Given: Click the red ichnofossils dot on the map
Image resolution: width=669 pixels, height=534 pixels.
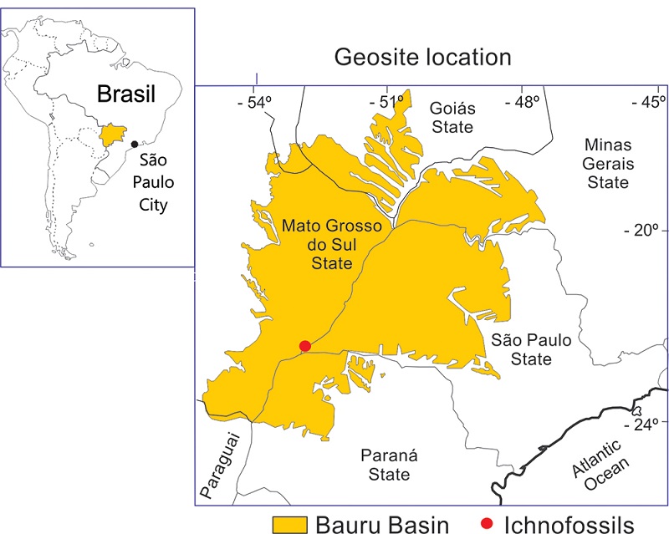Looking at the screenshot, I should click(305, 346).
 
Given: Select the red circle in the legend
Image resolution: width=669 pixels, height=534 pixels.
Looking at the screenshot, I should click(485, 524).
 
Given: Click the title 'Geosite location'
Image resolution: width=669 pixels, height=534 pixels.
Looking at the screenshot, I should click(422, 58).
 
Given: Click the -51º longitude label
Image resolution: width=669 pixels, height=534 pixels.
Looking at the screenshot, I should click(387, 102).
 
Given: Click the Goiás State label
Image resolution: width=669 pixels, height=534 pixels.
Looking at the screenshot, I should click(452, 117).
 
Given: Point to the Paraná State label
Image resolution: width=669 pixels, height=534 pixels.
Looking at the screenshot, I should click(386, 465).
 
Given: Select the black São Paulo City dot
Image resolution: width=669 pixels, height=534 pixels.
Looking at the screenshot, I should click(134, 145).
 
